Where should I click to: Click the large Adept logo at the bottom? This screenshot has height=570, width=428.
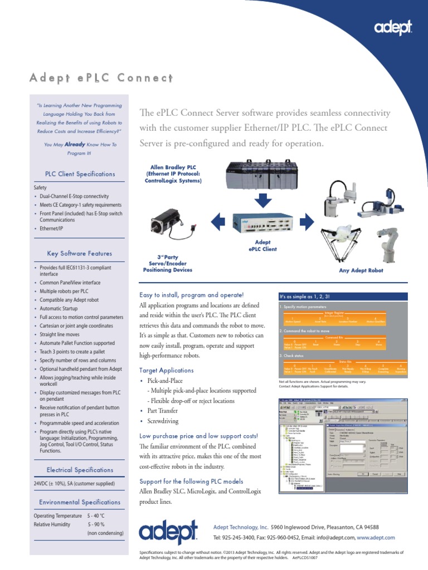coord(168,533)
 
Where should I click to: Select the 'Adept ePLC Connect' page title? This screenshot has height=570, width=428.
coord(101,77)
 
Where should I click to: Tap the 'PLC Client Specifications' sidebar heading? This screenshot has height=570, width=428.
coord(80,174)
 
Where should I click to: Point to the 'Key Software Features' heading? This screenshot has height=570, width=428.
coord(80,253)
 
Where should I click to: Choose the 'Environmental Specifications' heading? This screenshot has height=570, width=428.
coord(80,502)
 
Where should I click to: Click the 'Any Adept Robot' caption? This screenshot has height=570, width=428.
coord(361,271)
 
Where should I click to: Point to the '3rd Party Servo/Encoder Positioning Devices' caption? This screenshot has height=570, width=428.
coord(168,264)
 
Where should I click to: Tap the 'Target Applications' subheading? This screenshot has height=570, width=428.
coord(166,370)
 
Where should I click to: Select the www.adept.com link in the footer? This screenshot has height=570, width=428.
coord(376,538)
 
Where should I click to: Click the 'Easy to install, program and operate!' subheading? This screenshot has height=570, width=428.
coord(191,294)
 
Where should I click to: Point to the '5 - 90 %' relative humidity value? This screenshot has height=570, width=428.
coord(96,524)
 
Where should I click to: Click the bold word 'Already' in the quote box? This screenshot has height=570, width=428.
coord(75,144)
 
